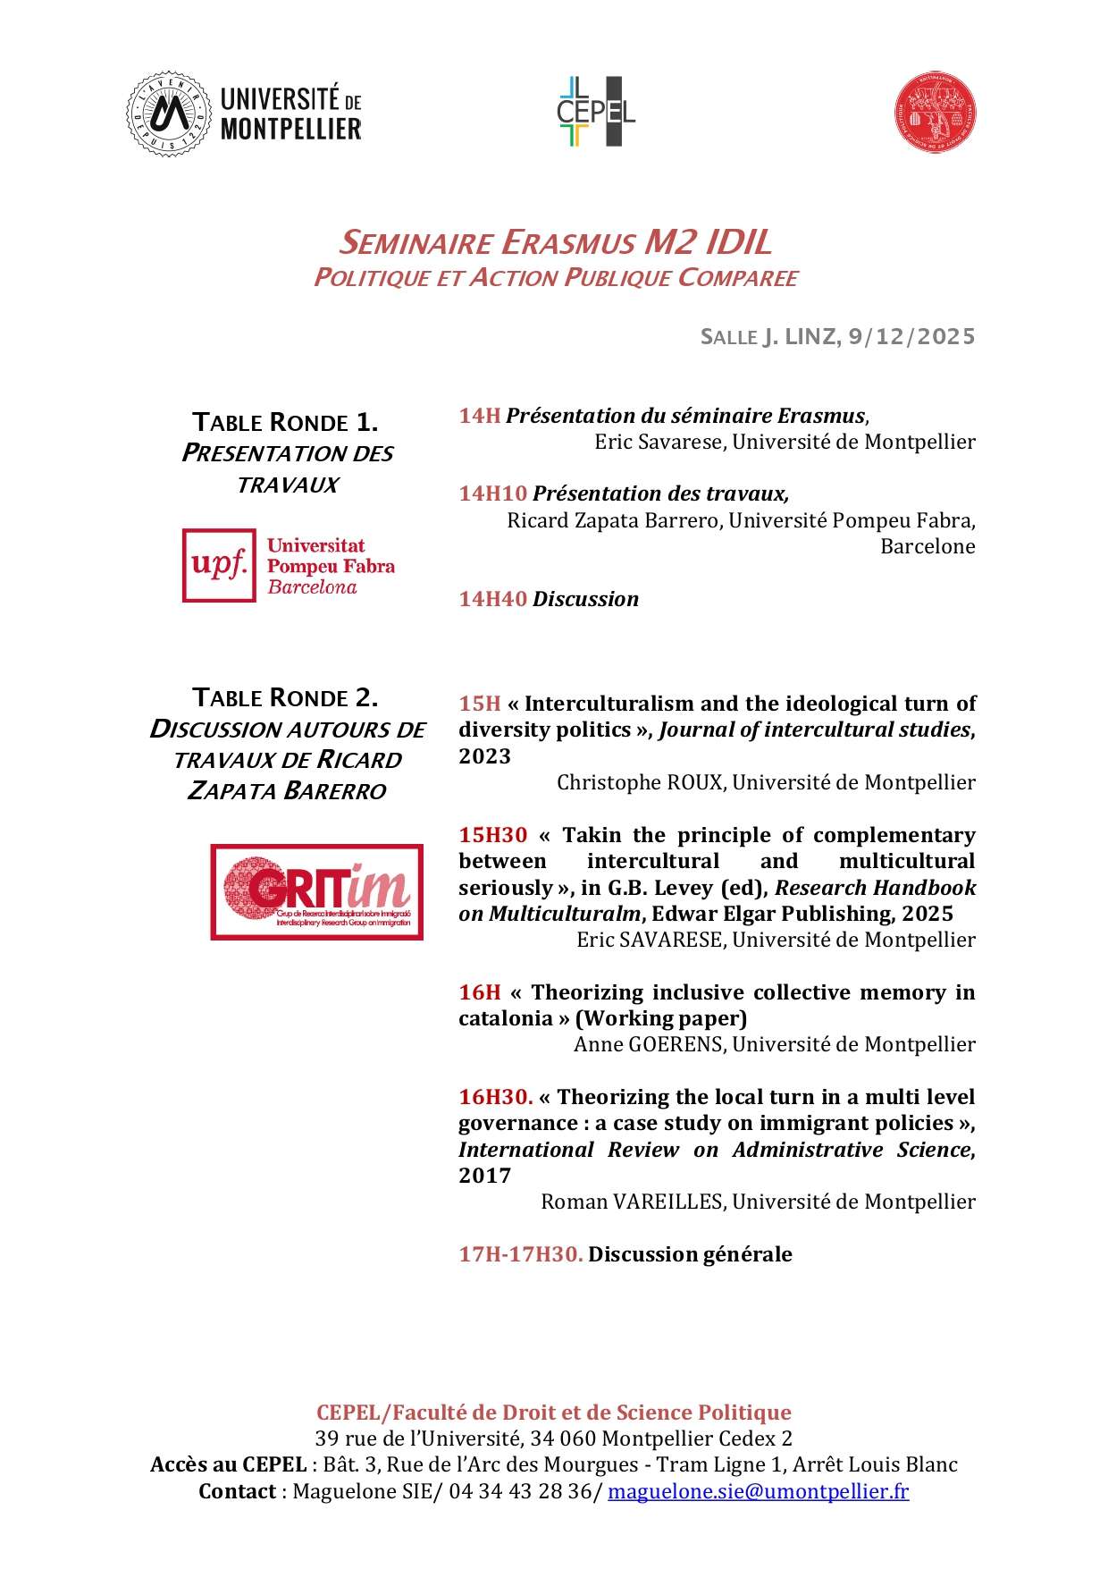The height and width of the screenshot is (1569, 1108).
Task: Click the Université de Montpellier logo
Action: tap(243, 114)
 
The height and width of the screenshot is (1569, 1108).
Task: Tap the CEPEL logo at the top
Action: tap(595, 112)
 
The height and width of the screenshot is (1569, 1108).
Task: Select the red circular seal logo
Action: tap(935, 114)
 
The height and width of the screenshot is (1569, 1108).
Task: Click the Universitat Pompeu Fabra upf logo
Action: tap(288, 566)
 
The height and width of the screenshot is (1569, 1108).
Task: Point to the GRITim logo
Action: tap(316, 891)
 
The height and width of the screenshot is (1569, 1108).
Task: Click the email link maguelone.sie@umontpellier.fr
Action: tap(758, 1491)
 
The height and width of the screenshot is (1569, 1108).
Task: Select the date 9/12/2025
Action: tap(911, 337)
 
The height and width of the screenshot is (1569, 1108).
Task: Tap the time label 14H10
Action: tap(492, 493)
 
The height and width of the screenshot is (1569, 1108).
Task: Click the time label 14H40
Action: tap(492, 599)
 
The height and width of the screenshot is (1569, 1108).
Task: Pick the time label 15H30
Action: tap(492, 835)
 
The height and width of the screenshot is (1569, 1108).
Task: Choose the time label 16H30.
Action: tap(495, 1097)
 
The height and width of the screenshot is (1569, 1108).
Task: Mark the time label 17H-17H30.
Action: tap(520, 1254)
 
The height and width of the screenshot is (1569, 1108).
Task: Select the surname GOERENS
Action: tap(677, 1044)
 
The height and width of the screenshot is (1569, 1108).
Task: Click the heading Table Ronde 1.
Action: tap(286, 422)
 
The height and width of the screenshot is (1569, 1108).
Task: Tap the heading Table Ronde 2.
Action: tap(286, 697)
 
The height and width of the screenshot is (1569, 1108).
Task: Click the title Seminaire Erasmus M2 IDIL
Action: tap(555, 242)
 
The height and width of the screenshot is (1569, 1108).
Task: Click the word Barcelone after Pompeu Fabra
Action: tap(928, 546)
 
